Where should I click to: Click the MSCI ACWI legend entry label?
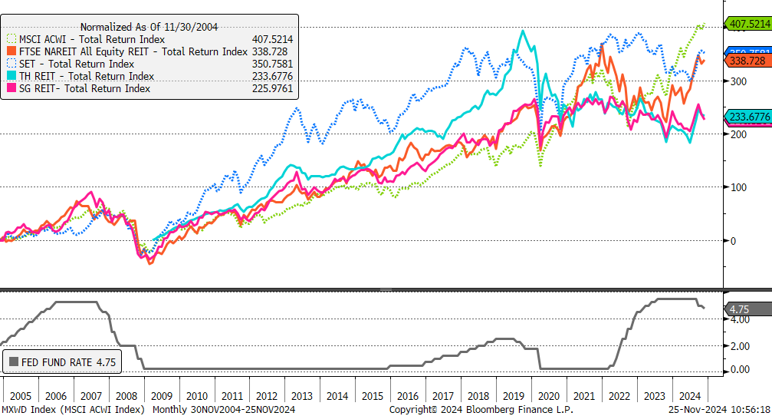pyautogui.click(x=93, y=39)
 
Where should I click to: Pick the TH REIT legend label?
pyautogui.click(x=88, y=76)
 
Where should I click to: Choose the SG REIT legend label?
pyautogui.click(x=85, y=88)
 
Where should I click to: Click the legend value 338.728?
pyautogui.click(x=273, y=51)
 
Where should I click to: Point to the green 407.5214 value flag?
pyautogui.click(x=749, y=25)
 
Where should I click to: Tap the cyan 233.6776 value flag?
pyautogui.click(x=749, y=117)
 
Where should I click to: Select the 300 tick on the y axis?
pyautogui.click(x=738, y=81)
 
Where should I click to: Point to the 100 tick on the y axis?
pyautogui.click(x=738, y=187)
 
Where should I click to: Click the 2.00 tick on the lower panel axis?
pyautogui.click(x=740, y=346)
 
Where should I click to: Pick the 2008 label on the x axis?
pyautogui.click(x=126, y=396)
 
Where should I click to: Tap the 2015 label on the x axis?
pyautogui.click(x=373, y=396)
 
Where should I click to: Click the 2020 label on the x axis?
pyautogui.click(x=548, y=396)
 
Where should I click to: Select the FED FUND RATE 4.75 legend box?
pyautogui.click(x=62, y=362)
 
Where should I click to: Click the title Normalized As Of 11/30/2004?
pyautogui.click(x=149, y=27)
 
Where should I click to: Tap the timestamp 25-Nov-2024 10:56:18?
pyautogui.click(x=718, y=410)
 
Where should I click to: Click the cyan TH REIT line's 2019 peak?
pyautogui.click(x=523, y=31)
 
